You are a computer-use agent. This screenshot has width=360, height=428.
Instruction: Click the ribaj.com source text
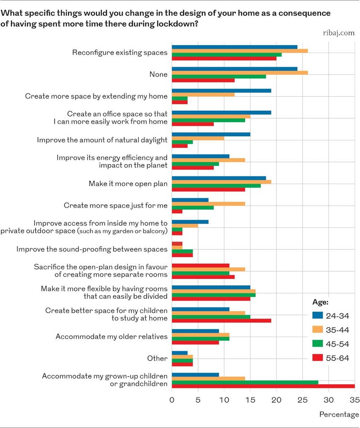click(x=339, y=33)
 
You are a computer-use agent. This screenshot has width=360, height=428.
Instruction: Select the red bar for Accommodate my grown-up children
click(x=263, y=386)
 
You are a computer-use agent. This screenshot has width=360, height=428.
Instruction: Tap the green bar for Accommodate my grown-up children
click(x=245, y=382)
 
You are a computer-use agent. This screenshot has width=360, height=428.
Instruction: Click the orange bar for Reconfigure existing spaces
click(x=240, y=51)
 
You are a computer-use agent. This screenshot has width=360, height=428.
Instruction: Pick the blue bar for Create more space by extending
click(x=221, y=90)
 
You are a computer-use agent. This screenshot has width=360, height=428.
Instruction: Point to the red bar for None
click(x=203, y=80)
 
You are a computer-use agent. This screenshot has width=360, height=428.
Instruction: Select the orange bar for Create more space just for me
click(x=208, y=203)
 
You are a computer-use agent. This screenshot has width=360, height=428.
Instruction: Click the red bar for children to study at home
click(x=221, y=320)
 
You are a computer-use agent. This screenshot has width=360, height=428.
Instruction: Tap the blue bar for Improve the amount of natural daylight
click(x=211, y=134)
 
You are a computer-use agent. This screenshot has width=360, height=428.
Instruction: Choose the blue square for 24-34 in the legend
click(x=317, y=315)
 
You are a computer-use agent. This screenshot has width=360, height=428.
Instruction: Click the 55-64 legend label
click(x=337, y=358)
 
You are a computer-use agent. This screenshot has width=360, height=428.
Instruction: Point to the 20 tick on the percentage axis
click(x=276, y=400)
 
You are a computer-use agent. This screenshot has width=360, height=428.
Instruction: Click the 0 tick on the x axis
click(x=172, y=400)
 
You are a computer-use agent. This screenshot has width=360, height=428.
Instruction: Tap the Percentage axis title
click(x=339, y=414)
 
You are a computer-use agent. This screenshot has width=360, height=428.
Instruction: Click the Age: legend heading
click(x=320, y=302)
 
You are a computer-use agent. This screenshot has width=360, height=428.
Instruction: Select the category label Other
click(x=157, y=358)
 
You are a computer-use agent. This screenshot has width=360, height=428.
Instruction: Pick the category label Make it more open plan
click(x=128, y=184)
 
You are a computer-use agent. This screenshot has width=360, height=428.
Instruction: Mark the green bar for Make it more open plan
click(x=216, y=185)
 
